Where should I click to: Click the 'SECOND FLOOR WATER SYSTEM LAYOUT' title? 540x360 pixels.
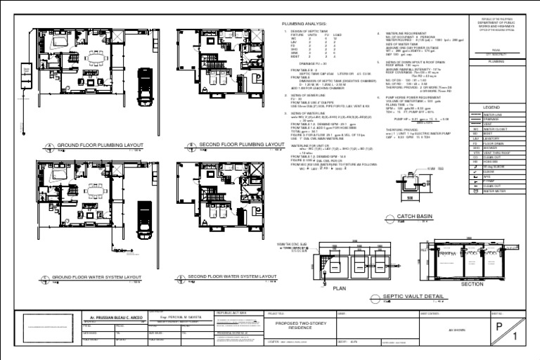(x=232, y=277)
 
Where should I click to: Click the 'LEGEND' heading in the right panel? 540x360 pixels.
(x=501, y=108)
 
